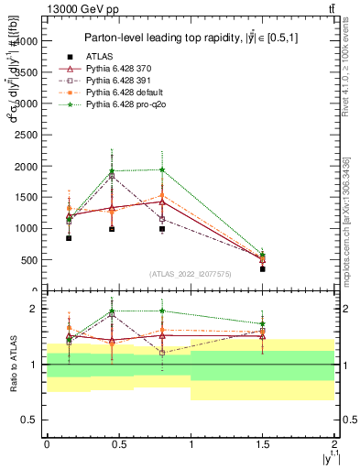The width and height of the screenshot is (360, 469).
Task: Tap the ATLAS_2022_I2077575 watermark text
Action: click(x=190, y=273)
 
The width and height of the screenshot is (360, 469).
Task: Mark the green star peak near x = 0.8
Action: click(x=162, y=169)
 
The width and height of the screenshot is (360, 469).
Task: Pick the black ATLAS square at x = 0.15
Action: click(x=69, y=238)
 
